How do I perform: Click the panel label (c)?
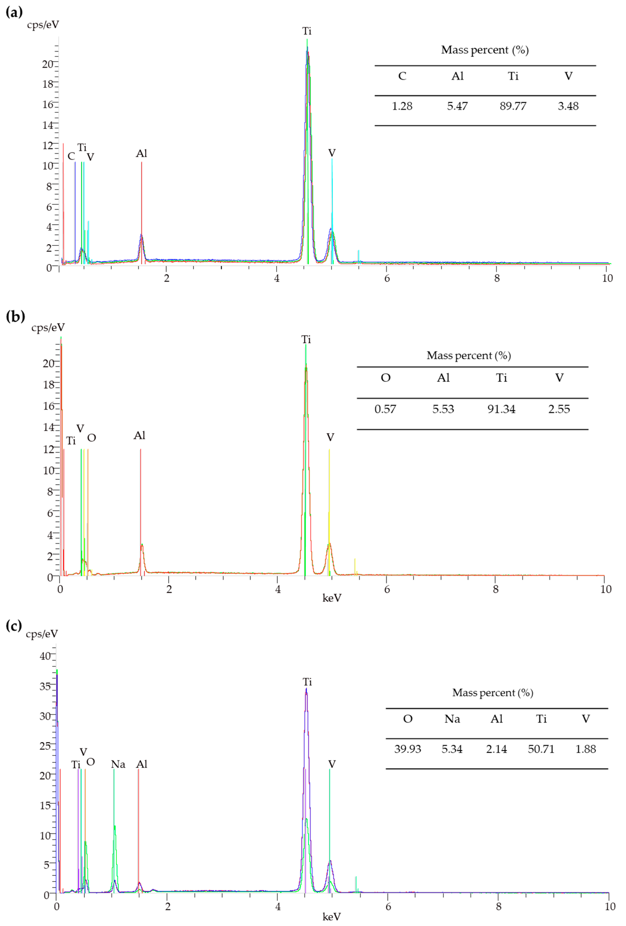pos(14,625)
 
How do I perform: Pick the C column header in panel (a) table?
pos(402,76)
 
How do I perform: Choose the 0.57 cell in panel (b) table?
pos(385,409)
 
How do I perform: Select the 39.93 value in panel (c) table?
pos(407,749)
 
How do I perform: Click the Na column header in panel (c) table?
pos(452,719)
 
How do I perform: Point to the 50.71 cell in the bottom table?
pos(541,749)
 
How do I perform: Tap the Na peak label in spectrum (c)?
pos(118,764)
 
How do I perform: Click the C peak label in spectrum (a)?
pos(71,156)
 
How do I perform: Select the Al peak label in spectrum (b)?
pos(139,436)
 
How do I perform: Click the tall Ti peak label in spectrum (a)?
pos(307,31)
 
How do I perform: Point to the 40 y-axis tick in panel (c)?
pos(45,656)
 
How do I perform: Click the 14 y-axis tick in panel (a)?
pos(47,125)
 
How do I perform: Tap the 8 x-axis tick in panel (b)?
pos(496,589)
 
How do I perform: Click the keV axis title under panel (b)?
pos(332,598)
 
